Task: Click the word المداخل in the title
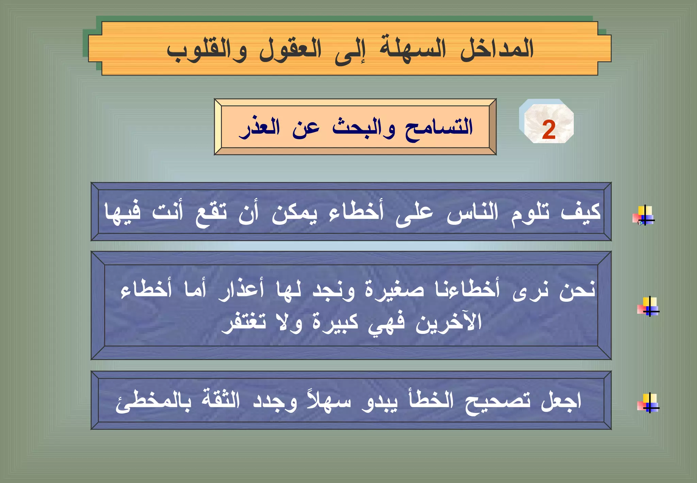497,49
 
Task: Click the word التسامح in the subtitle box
439,128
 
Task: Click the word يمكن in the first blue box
294,214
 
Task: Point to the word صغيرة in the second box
395,290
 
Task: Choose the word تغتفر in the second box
244,322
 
